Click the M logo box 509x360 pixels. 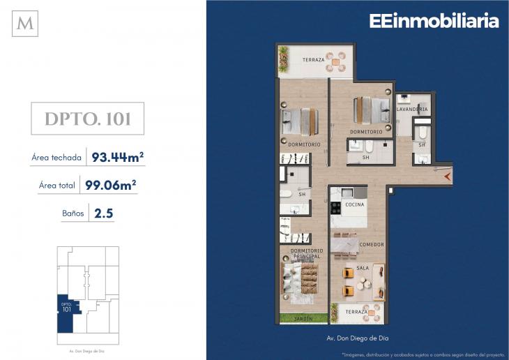pos(25,24)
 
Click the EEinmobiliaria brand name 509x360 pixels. pos(434,22)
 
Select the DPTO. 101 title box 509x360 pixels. pos(88,119)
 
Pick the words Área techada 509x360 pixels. pos(56,158)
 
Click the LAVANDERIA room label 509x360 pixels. pos(411,110)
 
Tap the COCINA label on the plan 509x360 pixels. pos(354,204)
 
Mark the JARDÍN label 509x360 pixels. pos(303,319)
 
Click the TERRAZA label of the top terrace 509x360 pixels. pos(313,60)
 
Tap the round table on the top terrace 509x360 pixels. pos(340,60)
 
